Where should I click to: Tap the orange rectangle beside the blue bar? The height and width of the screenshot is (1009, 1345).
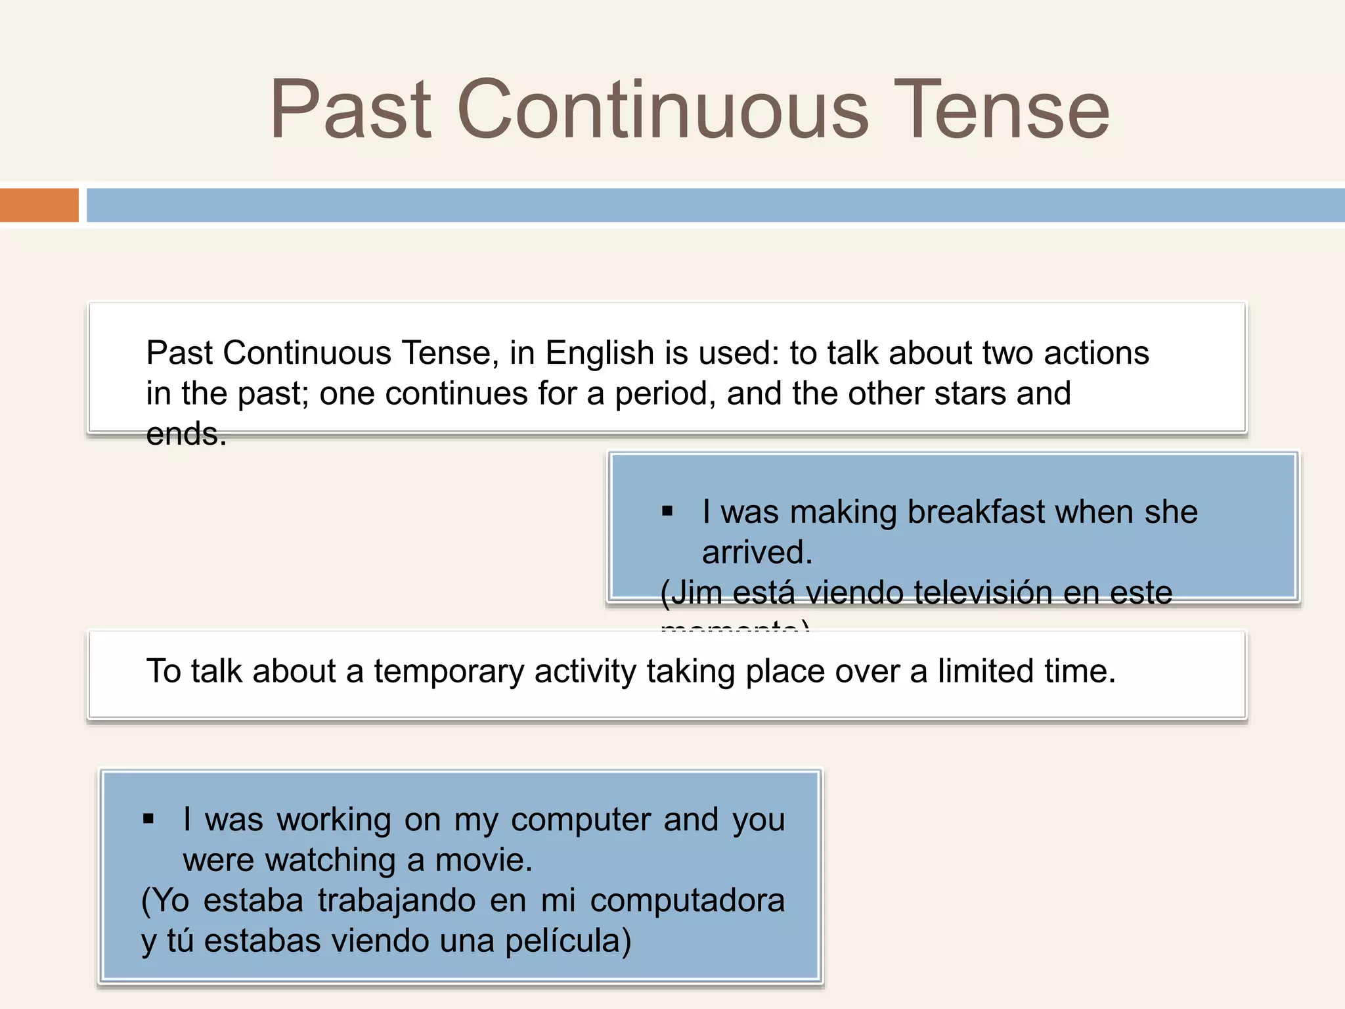click(39, 205)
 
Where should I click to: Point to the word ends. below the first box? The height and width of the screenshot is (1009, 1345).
click(186, 434)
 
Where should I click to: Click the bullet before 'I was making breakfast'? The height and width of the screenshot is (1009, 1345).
click(667, 511)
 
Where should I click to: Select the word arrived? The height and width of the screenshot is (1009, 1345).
click(757, 552)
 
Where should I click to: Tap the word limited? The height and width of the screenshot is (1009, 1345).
click(985, 671)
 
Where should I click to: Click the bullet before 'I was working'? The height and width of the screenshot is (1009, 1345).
click(148, 818)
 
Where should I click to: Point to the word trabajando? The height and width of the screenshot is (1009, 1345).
click(397, 901)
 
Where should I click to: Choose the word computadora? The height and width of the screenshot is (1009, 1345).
click(687, 901)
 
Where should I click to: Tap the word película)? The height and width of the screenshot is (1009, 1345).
click(567, 941)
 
